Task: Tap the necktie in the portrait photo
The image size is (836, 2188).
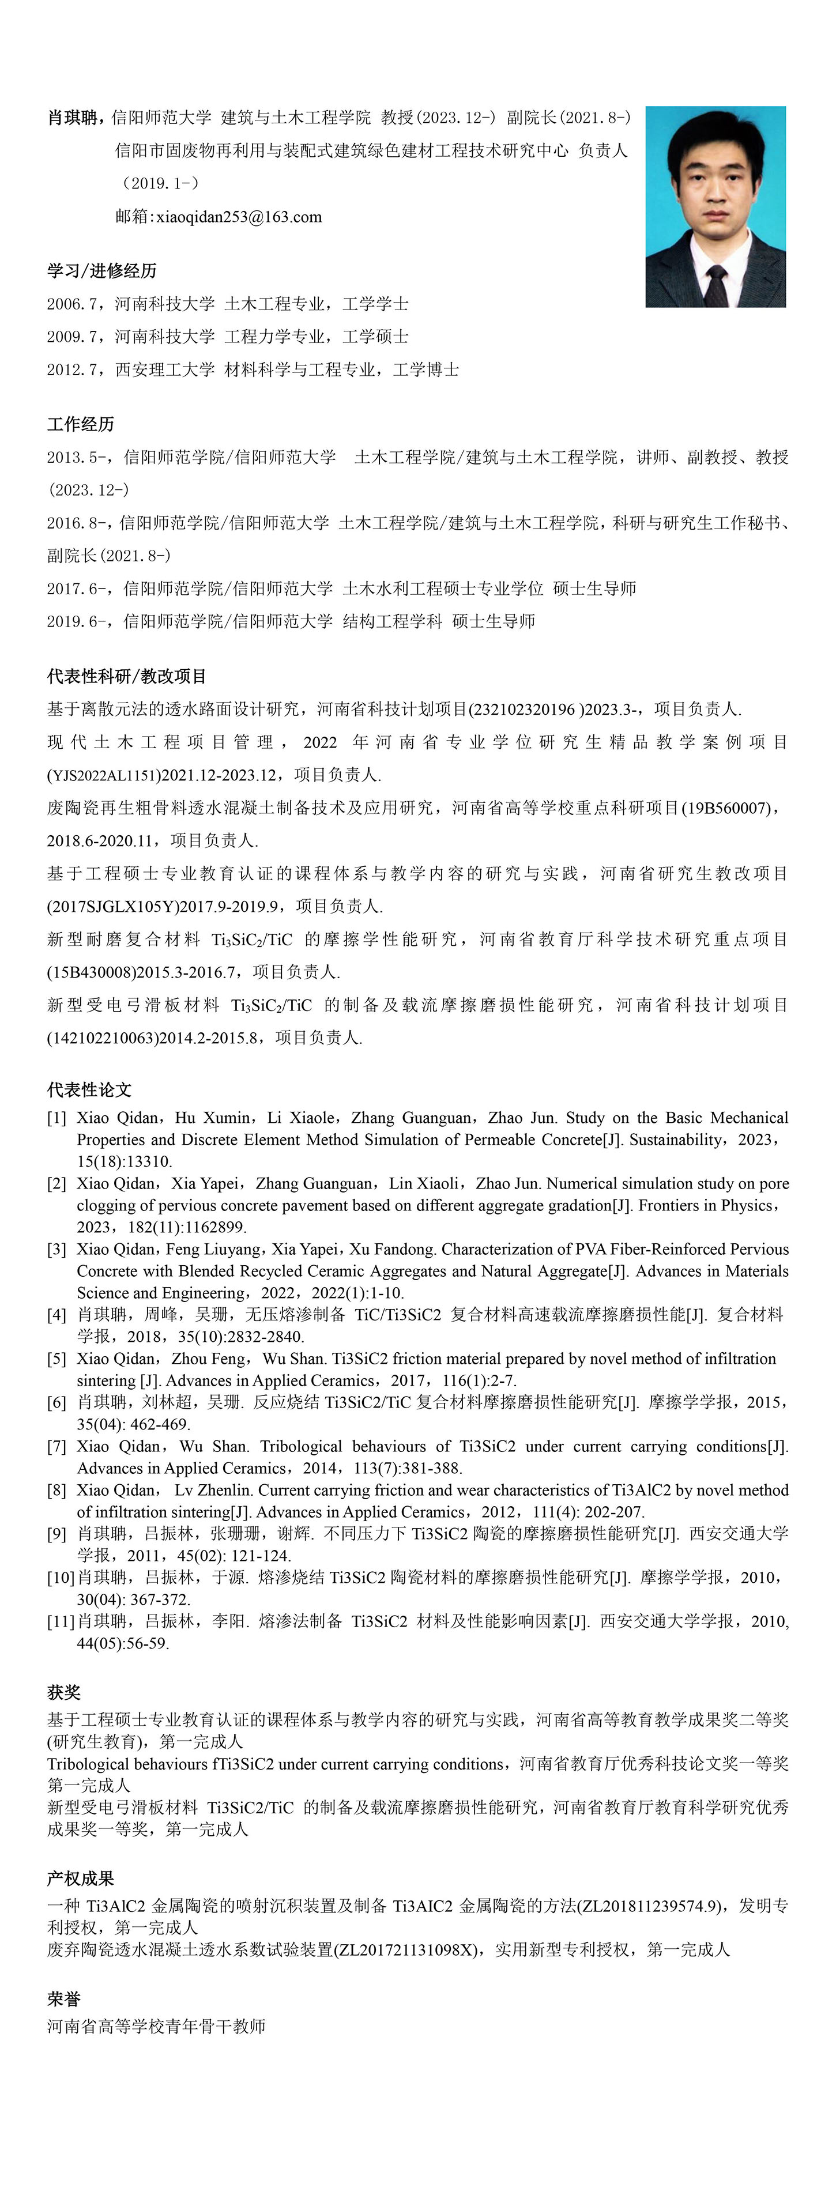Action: (716, 285)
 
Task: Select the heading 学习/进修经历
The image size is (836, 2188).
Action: (102, 271)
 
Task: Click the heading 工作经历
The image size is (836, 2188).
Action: (81, 424)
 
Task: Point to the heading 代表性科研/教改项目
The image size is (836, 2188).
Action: (127, 676)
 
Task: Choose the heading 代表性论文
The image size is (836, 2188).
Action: (89, 1090)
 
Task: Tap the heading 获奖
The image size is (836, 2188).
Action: (64, 1692)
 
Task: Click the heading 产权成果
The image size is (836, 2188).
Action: (81, 1878)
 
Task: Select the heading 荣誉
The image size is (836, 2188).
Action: (64, 1998)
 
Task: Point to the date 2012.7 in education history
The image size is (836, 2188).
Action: (74, 369)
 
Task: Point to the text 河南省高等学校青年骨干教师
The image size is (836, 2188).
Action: (156, 2026)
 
